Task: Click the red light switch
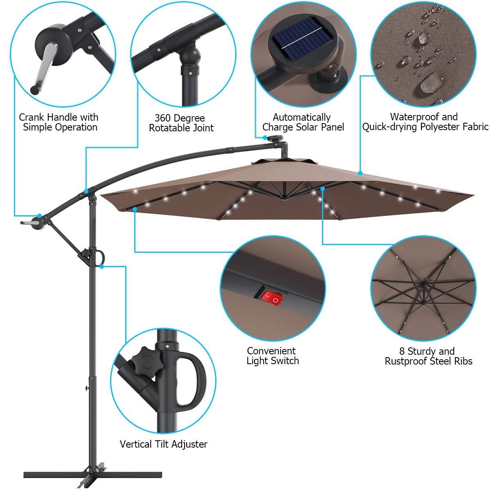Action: (272, 298)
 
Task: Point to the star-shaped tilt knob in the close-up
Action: (146, 362)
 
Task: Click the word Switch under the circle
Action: (285, 361)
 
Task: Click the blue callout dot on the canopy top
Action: (360, 173)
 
